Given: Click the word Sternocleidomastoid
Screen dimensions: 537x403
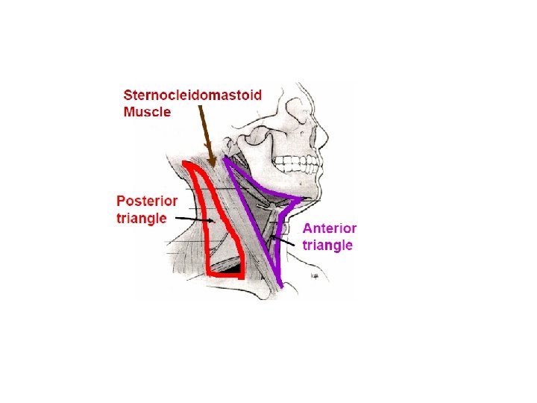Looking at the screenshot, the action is (192, 96).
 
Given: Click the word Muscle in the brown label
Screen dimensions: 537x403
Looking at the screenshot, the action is (147, 112).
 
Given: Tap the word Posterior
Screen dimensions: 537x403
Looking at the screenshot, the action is (147, 201).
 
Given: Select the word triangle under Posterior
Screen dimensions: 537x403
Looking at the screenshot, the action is (142, 219).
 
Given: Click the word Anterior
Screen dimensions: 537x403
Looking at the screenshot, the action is (329, 228).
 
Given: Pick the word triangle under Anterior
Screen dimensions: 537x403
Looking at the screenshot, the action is (327, 245).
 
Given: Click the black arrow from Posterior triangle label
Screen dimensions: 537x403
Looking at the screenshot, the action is (192, 219).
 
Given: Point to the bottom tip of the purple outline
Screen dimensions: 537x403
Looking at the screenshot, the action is (280, 286).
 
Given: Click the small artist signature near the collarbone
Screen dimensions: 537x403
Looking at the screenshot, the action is (315, 276).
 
